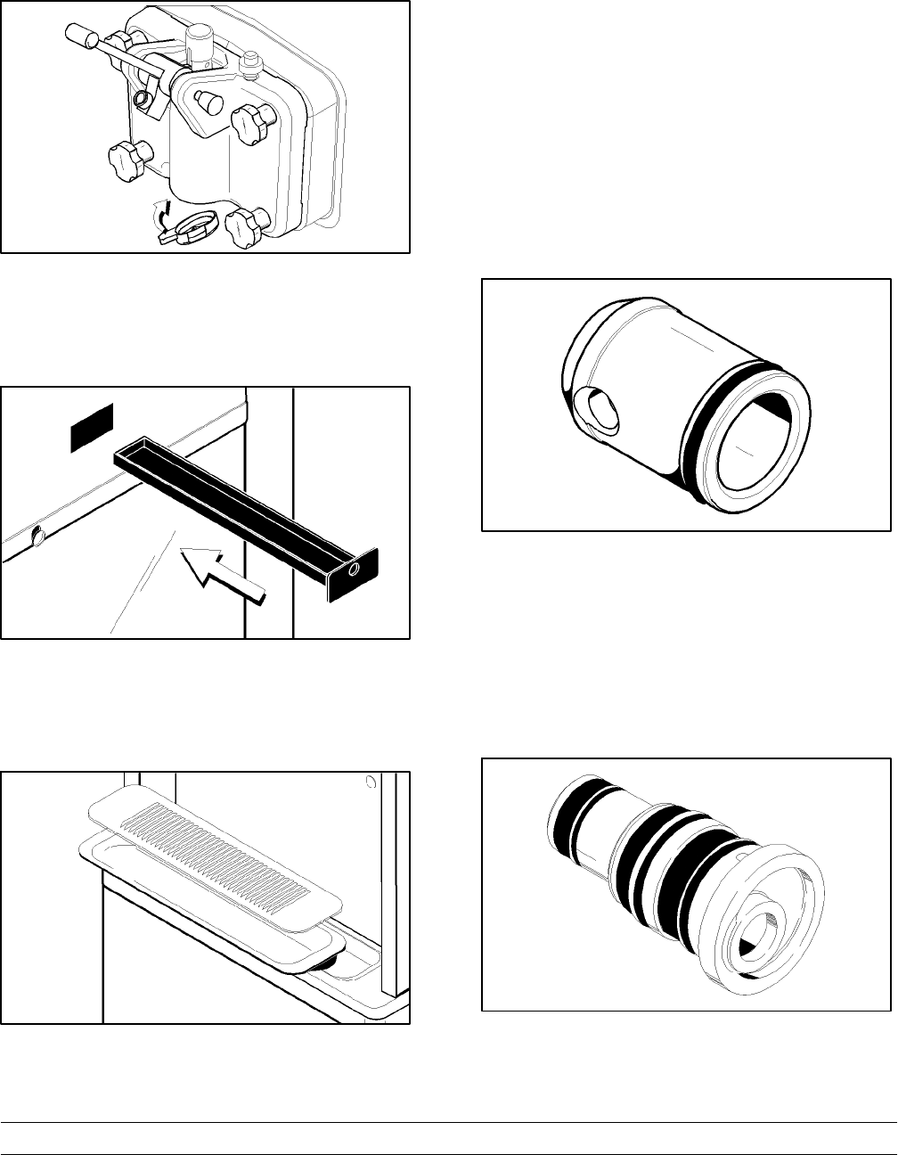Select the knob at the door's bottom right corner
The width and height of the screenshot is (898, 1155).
pos(244,227)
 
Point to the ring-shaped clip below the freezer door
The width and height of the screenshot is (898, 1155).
pos(196,225)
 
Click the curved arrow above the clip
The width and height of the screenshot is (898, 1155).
pos(162,214)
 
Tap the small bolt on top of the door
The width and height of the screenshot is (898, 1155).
pos(249,63)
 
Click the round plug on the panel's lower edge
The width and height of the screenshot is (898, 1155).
pos(37,537)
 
